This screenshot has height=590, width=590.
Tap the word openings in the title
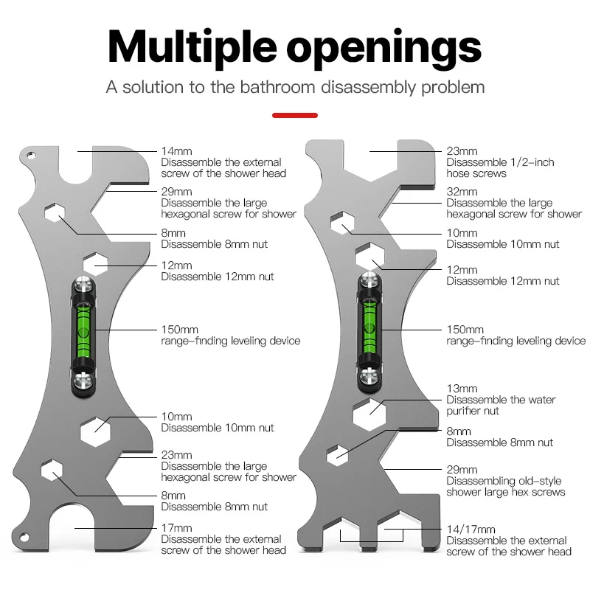(384, 47)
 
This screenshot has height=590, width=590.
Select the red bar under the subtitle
(295, 115)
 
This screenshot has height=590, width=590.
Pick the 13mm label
(462, 389)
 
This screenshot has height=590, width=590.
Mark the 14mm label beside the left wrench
(176, 151)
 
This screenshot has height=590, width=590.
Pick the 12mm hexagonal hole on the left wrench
(96, 263)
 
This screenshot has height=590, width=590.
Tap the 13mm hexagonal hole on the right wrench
(370, 414)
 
